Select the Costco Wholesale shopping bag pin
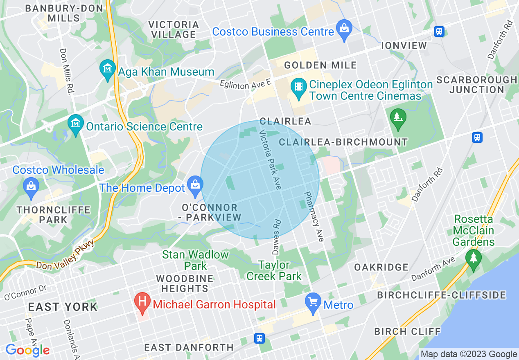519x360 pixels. tap(31, 185)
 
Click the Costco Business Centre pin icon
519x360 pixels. tap(344, 29)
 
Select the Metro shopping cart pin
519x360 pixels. tap(313, 303)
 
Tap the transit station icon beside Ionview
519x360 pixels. tap(440, 32)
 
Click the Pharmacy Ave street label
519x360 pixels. tap(314, 216)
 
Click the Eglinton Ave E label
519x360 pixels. tap(245, 85)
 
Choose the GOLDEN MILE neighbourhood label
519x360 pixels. tap(320, 65)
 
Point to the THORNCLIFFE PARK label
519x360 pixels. tap(54, 215)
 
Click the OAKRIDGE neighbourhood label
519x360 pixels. tap(381, 267)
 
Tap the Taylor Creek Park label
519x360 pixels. tap(274, 270)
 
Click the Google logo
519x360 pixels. tap(27, 350)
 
